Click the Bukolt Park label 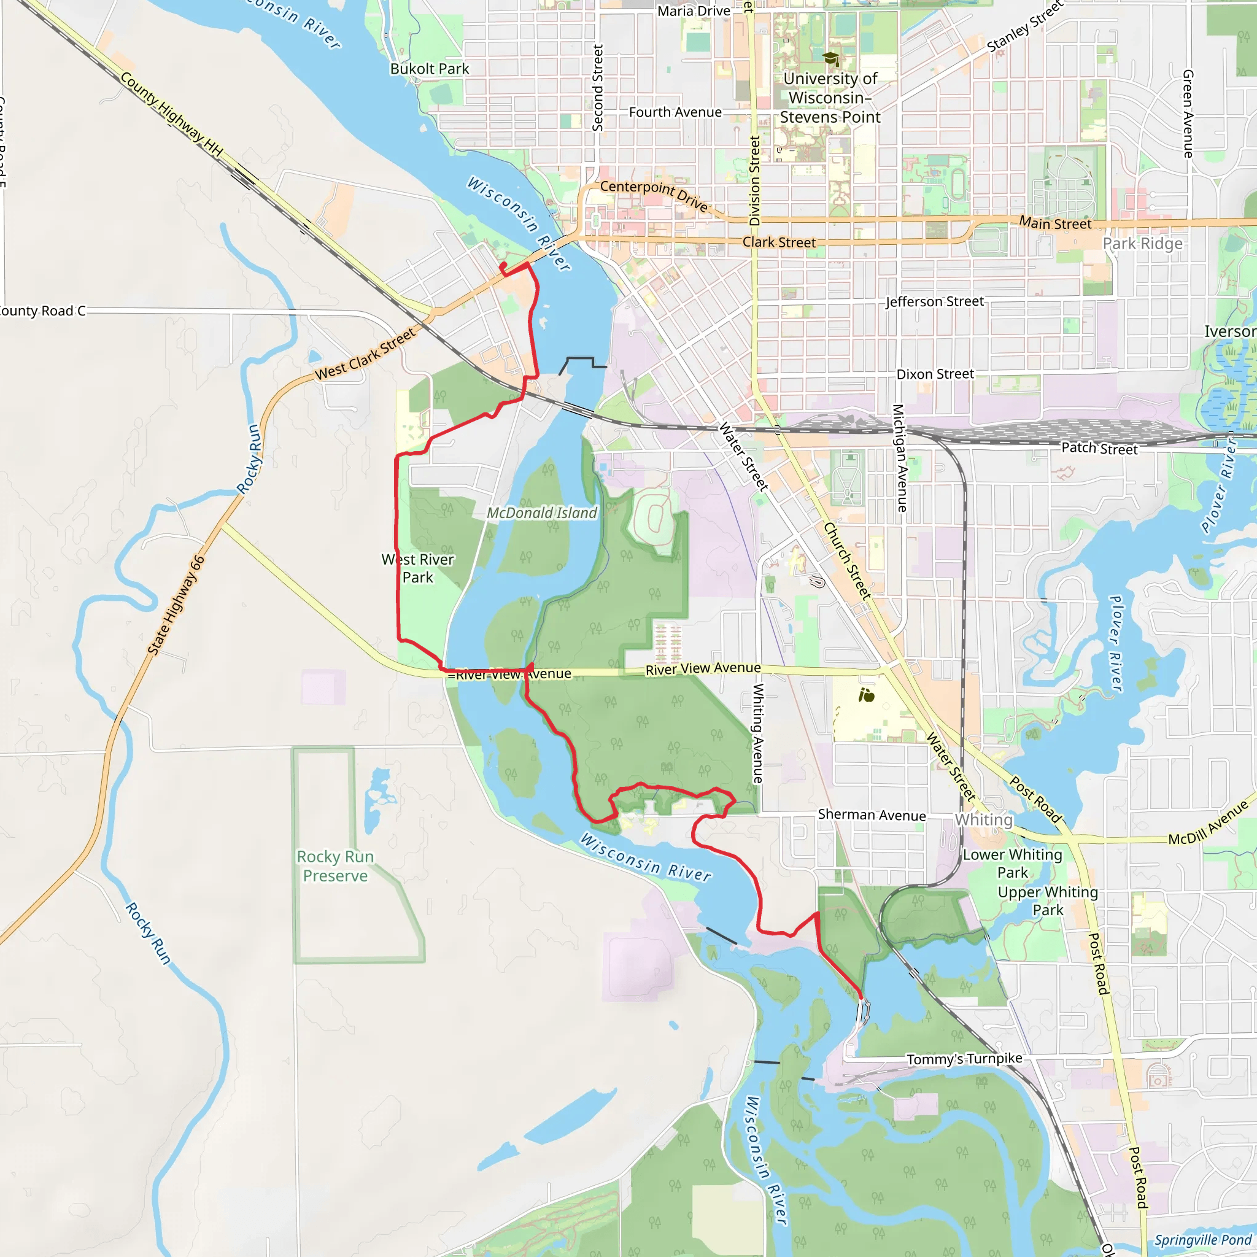430,69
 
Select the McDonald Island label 542,513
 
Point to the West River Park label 418,568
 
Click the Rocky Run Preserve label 335,866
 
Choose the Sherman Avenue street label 872,815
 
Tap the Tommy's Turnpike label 964,1059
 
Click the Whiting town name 984,820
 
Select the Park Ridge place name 1142,244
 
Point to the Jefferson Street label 934,302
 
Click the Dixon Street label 935,374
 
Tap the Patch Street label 1099,448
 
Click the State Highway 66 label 176,605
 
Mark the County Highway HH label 171,115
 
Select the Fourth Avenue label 675,112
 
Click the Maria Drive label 694,11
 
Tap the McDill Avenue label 1208,822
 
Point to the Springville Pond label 1203,1240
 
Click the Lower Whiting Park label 1012,864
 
